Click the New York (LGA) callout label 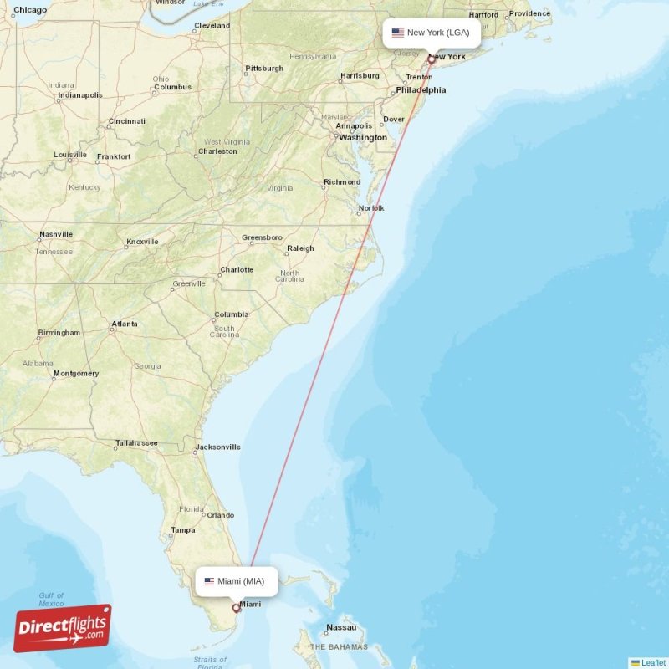[x=432, y=33]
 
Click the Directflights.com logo [x=63, y=628]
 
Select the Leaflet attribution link [x=652, y=662]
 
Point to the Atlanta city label [x=125, y=324]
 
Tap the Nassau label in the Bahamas [x=341, y=627]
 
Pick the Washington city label [x=363, y=137]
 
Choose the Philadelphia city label [x=421, y=90]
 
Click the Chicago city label [x=30, y=10]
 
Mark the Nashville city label [x=56, y=234]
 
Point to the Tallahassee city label [x=136, y=442]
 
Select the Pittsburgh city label [x=264, y=69]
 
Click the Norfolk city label [x=371, y=207]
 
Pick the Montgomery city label [x=76, y=374]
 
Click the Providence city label [x=529, y=13]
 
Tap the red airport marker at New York [x=432, y=59]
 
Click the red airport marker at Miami [x=236, y=609]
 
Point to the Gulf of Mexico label [x=51, y=599]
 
